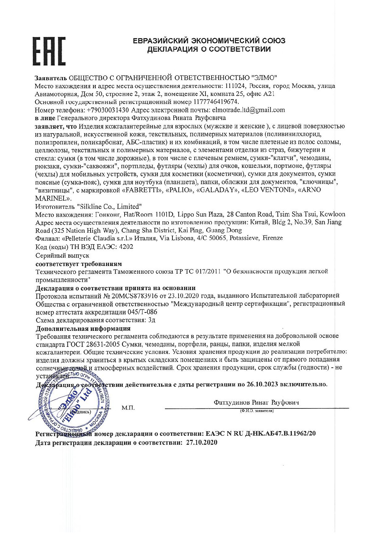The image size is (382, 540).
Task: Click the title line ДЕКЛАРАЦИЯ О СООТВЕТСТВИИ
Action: (209, 49)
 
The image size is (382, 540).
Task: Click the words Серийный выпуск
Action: (63, 255)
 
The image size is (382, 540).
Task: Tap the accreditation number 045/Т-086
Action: (138, 312)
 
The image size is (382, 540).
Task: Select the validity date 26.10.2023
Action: (263, 384)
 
